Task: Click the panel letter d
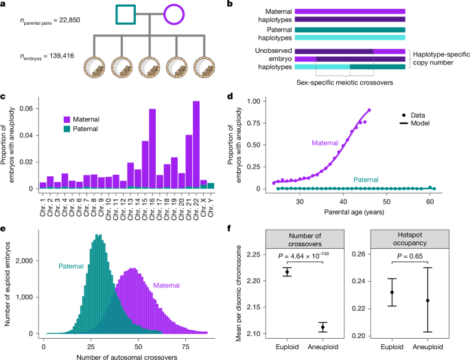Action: point(238,97)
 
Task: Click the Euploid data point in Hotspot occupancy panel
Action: point(392,292)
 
